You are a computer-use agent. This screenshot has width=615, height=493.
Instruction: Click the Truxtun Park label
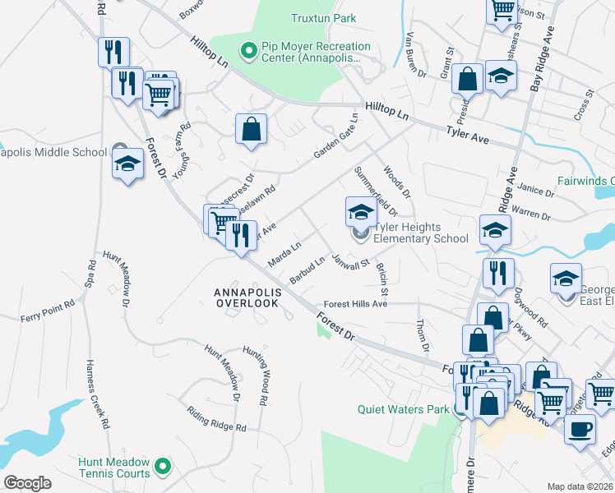coord(323,17)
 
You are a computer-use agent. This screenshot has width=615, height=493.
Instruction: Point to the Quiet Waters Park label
coord(403,409)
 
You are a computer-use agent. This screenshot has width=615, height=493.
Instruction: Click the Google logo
coord(27,482)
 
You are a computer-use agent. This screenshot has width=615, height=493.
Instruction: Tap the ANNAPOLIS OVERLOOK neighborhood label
coord(247,297)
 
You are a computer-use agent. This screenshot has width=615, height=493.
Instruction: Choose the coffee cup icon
coord(580,428)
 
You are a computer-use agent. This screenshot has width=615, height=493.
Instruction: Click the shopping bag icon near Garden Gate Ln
coord(251,130)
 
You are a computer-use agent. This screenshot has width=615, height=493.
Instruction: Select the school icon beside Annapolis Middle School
coord(128,163)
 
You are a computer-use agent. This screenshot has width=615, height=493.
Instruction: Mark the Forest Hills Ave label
coord(354,303)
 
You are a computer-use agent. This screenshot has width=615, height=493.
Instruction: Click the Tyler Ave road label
coord(467,136)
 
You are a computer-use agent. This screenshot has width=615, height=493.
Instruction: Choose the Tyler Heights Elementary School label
coord(420,233)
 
